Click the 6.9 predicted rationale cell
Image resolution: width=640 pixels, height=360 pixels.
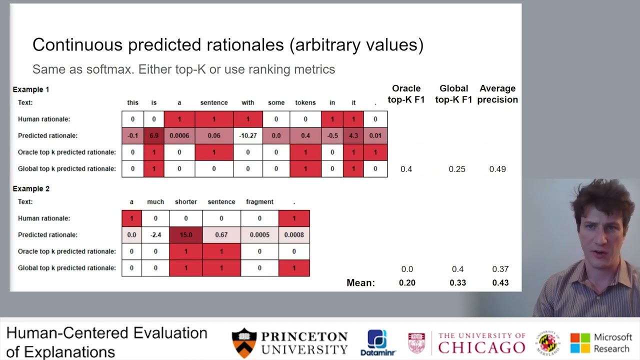click(153, 135)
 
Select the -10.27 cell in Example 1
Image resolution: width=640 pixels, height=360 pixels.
click(248, 135)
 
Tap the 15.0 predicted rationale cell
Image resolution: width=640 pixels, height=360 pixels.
click(185, 235)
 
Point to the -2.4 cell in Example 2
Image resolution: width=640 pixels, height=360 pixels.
click(155, 235)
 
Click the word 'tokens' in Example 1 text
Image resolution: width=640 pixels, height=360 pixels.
click(305, 102)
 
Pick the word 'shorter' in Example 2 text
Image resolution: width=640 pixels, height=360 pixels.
click(185, 202)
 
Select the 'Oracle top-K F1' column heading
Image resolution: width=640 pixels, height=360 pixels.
click(406, 94)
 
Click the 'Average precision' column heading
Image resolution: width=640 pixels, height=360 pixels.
click(497, 94)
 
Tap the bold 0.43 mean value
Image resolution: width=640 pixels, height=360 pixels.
click(500, 282)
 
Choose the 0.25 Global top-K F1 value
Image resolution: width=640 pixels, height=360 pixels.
click(457, 169)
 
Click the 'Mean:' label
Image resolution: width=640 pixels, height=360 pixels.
click(360, 283)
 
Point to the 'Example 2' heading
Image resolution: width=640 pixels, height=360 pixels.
click(31, 188)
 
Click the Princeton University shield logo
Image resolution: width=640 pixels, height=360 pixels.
click(244, 343)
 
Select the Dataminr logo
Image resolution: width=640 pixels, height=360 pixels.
click(378, 343)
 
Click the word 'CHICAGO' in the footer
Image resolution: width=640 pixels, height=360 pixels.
click(481, 347)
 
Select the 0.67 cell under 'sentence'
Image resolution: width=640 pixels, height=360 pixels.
click(221, 235)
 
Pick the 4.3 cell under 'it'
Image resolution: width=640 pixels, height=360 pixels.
click(353, 135)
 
